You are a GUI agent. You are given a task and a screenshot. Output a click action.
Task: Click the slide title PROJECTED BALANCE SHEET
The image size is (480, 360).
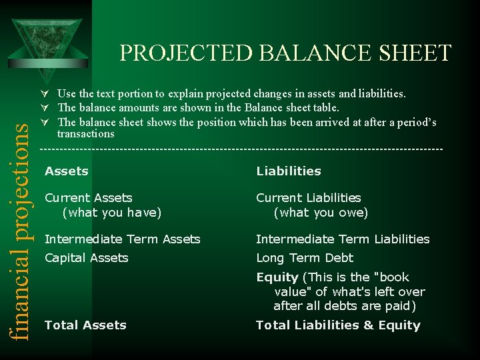(285, 53)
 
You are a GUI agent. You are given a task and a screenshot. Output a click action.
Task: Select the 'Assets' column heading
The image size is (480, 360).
(66, 171)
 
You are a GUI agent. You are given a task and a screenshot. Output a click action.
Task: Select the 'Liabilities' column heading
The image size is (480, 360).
(288, 171)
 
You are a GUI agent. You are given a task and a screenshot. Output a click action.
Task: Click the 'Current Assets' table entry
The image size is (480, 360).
(88, 198)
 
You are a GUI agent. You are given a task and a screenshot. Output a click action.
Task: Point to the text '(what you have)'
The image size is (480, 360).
(111, 213)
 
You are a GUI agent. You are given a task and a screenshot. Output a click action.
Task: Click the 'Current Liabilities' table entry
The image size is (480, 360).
(308, 198)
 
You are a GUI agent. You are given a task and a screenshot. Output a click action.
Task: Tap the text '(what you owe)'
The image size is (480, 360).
(321, 213)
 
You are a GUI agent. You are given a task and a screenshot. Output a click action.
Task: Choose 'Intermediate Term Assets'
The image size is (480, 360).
(122, 239)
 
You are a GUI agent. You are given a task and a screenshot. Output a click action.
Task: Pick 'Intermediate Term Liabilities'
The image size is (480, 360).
(343, 239)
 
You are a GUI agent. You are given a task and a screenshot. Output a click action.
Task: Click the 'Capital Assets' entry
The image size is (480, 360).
(86, 258)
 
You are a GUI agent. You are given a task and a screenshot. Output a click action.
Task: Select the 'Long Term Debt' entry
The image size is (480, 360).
(305, 258)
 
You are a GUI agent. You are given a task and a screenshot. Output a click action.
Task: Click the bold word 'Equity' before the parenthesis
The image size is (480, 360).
(277, 277)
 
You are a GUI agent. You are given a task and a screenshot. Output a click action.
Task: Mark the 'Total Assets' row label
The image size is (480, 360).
(85, 325)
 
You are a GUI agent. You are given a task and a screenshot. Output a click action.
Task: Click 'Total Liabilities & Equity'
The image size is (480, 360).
(338, 325)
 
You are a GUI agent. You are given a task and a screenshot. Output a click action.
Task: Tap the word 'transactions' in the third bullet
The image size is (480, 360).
(85, 134)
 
